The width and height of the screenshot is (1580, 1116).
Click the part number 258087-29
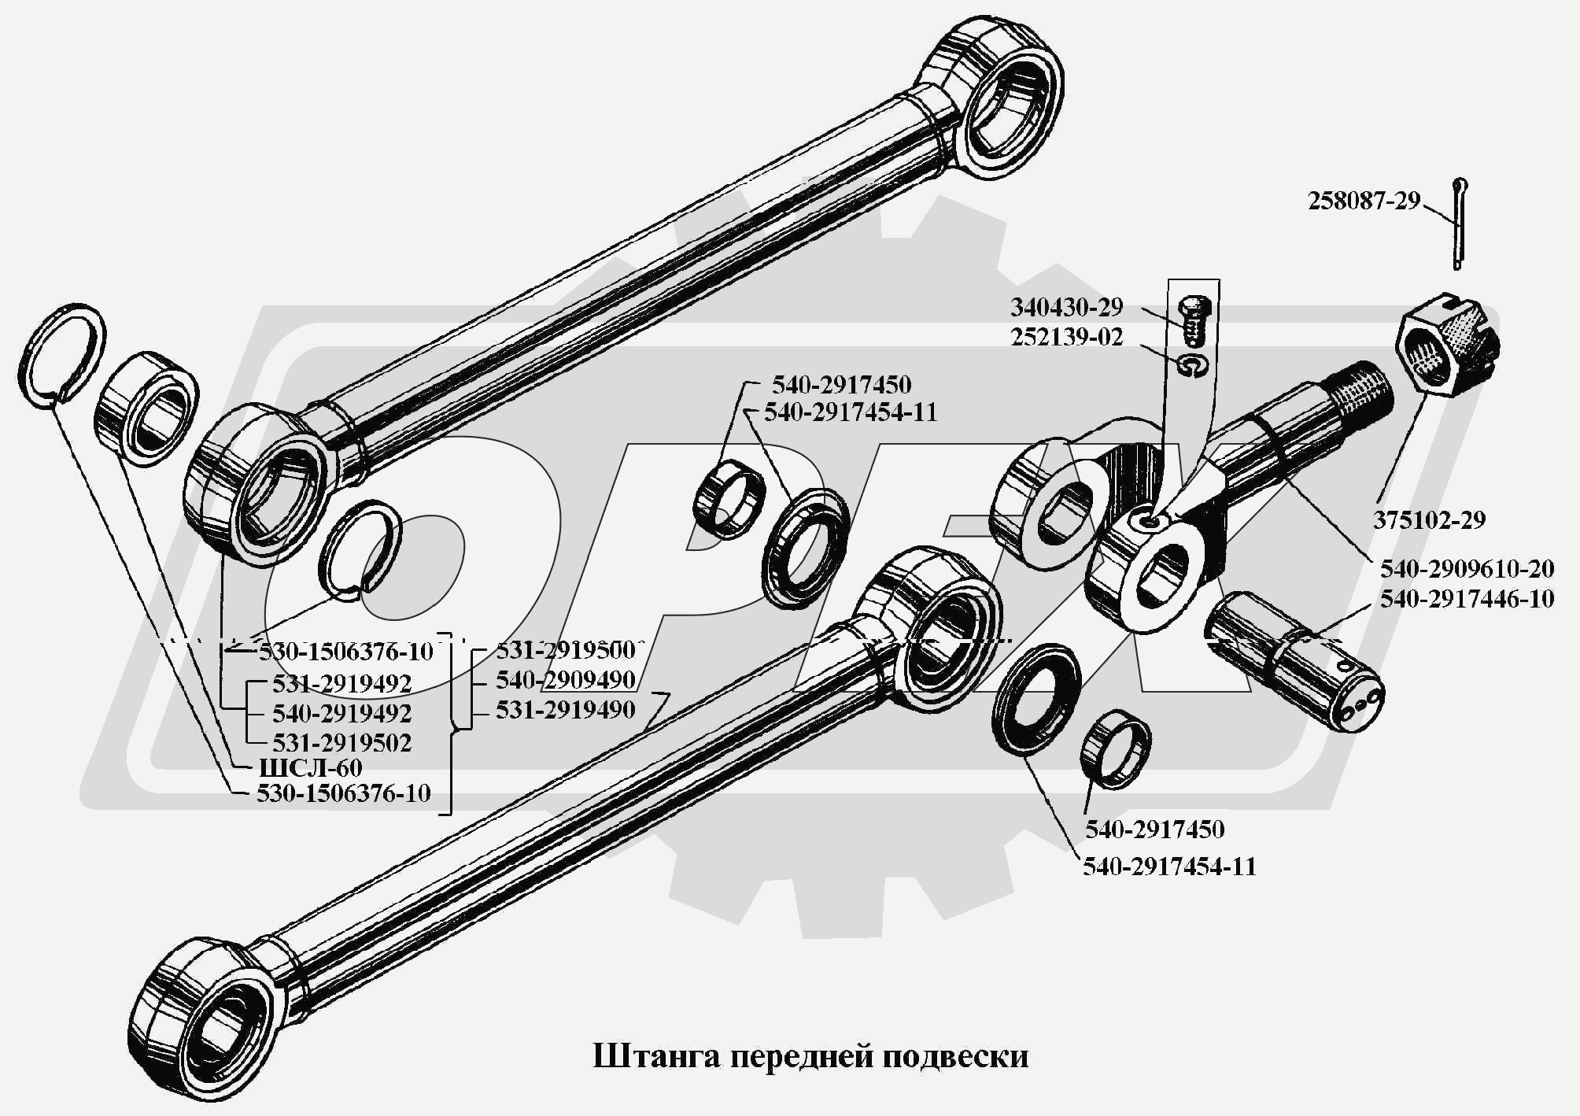tap(1364, 201)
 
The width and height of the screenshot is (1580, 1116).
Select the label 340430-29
tap(1067, 307)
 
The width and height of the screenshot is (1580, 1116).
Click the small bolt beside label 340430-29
tap(1194, 322)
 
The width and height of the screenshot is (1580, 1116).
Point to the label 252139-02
tap(1067, 338)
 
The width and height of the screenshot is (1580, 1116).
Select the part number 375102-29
tap(1430, 520)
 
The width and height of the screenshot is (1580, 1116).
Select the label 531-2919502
tap(342, 743)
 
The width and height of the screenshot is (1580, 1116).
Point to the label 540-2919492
tap(342, 713)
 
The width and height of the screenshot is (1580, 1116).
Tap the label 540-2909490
tap(565, 680)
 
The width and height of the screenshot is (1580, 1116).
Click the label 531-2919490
tap(565, 710)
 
